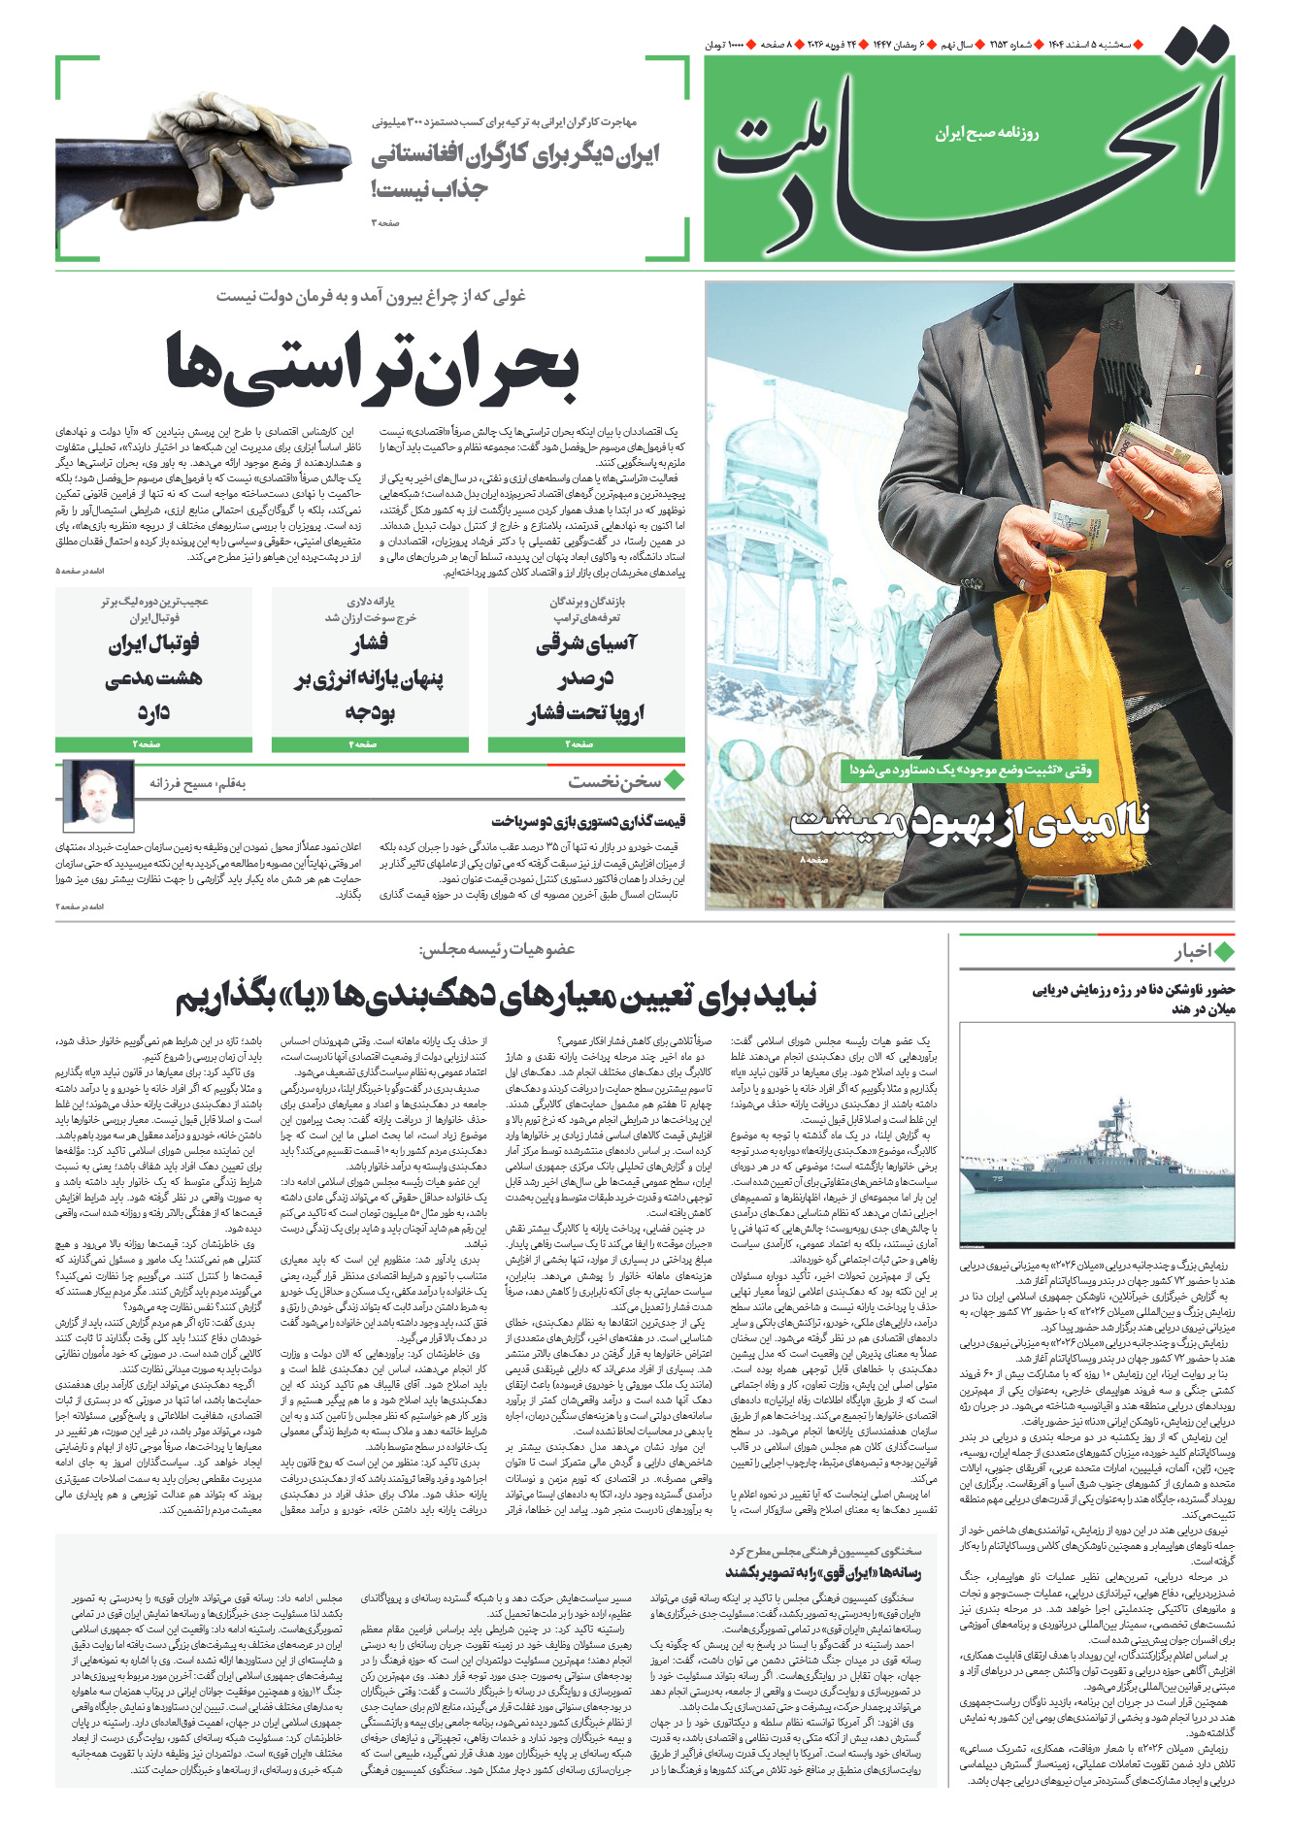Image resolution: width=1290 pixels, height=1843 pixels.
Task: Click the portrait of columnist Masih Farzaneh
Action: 98,791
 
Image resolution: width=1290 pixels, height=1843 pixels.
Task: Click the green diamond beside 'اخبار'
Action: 1224,952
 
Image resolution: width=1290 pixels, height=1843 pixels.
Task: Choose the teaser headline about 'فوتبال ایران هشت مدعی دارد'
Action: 153,678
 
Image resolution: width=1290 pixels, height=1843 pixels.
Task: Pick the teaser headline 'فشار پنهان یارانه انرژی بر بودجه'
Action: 370,678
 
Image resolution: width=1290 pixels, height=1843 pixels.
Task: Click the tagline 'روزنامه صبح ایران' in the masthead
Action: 986,133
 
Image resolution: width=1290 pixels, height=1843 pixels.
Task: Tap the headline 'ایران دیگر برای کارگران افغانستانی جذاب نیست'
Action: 514,171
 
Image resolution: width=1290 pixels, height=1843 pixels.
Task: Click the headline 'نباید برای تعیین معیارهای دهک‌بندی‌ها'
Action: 496,994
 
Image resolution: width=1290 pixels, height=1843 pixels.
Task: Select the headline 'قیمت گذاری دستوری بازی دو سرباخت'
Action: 588,821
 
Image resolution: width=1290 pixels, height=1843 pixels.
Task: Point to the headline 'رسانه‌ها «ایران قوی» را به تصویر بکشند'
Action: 823,1572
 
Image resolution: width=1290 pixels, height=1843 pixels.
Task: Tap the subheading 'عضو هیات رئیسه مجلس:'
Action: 496,948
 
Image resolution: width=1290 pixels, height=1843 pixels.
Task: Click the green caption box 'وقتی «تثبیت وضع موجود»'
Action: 970,770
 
